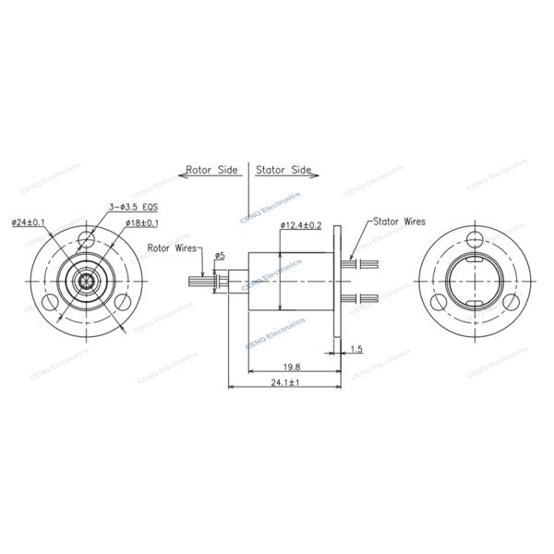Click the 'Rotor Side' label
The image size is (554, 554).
click(211, 170)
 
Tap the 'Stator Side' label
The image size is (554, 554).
click(283, 170)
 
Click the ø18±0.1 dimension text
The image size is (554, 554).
click(138, 223)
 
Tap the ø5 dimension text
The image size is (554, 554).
click(220, 255)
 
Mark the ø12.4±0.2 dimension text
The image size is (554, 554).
click(301, 224)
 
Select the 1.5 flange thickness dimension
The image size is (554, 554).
click(356, 349)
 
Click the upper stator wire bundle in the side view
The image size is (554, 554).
click(362, 263)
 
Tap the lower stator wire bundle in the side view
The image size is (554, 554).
click(362, 296)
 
